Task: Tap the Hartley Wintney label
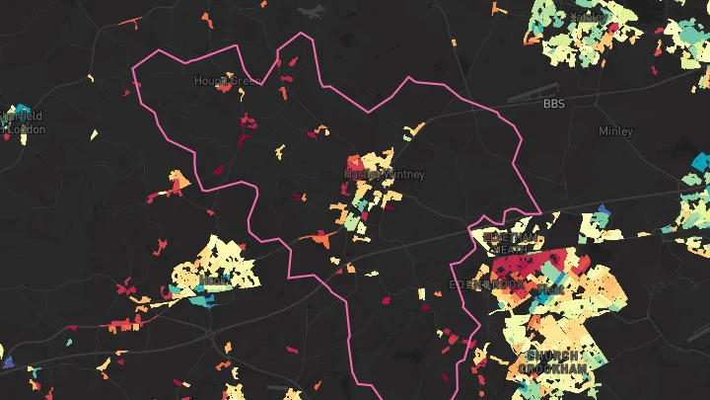click(x=385, y=175)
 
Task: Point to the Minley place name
click(x=615, y=130)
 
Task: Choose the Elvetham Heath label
click(x=511, y=243)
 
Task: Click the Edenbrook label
click(x=487, y=284)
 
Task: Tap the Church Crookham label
click(x=552, y=361)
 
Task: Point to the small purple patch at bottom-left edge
click(x=8, y=362)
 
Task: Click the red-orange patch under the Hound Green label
click(x=225, y=89)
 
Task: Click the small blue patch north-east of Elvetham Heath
click(x=603, y=208)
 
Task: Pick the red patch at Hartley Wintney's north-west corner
click(x=354, y=162)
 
